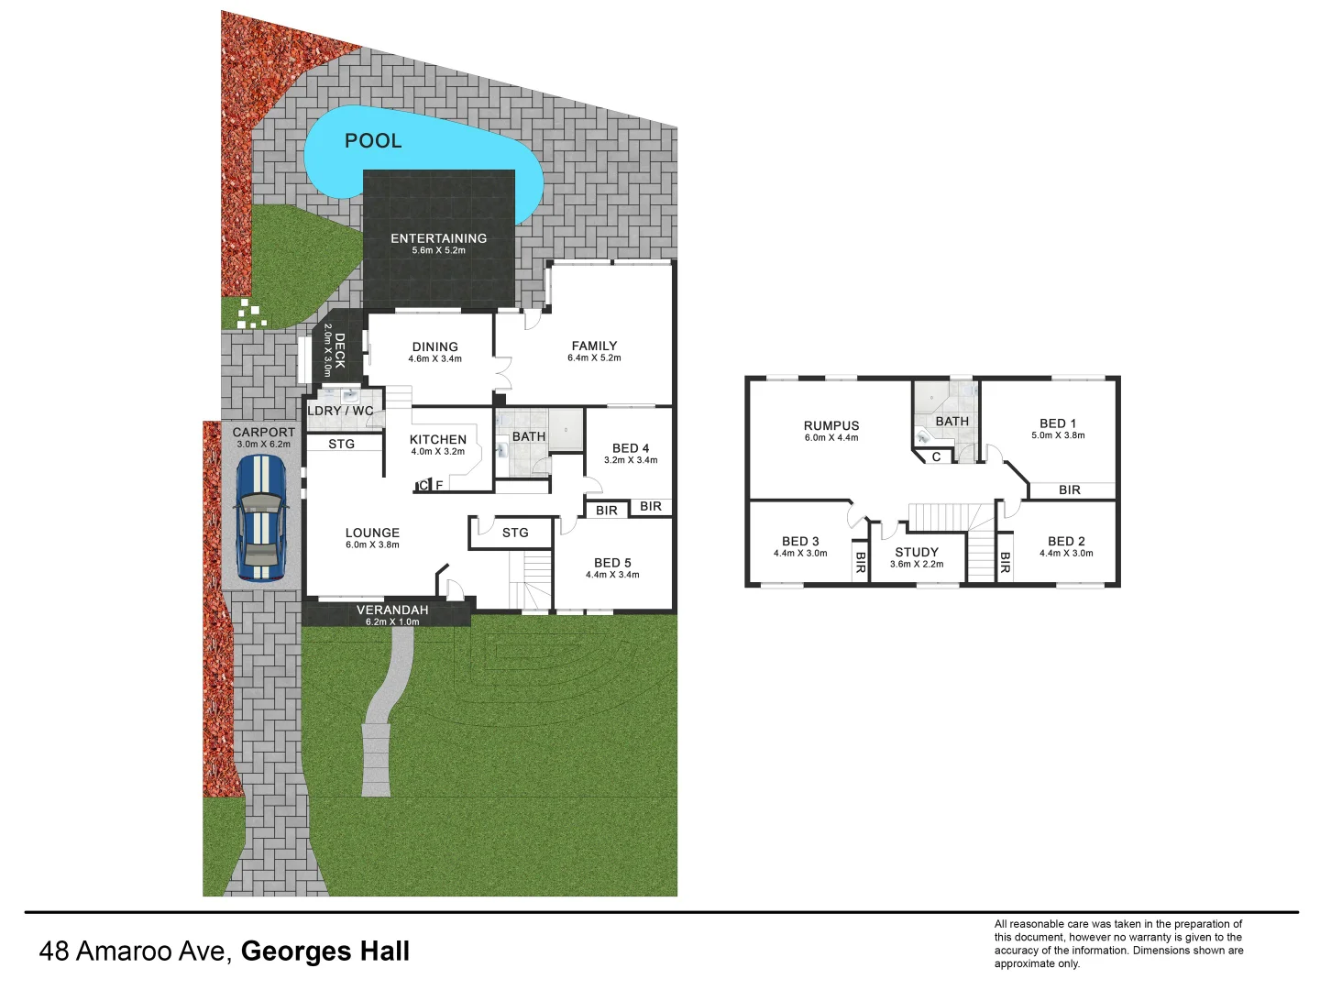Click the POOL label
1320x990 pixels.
(373, 141)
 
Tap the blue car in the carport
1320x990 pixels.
(260, 518)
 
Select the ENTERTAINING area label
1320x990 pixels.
(438, 238)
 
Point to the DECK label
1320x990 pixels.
(339, 351)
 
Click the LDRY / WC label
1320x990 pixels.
(340, 411)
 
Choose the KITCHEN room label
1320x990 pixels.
(437, 440)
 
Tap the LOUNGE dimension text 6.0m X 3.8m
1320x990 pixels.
(372, 545)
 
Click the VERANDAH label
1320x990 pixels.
(392, 610)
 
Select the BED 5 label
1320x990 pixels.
(612, 563)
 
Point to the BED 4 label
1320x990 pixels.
(631, 448)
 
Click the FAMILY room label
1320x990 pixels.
(594, 346)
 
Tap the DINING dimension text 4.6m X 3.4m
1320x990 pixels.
(434, 359)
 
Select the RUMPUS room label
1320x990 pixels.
(831, 425)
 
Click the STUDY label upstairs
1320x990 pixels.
(917, 552)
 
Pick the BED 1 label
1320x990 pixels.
(1058, 423)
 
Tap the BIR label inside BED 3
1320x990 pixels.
(860, 563)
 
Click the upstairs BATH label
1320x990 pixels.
(951, 422)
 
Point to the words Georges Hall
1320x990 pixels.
(324, 951)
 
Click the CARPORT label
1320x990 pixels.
(263, 433)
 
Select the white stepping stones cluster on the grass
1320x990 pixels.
(249, 313)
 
